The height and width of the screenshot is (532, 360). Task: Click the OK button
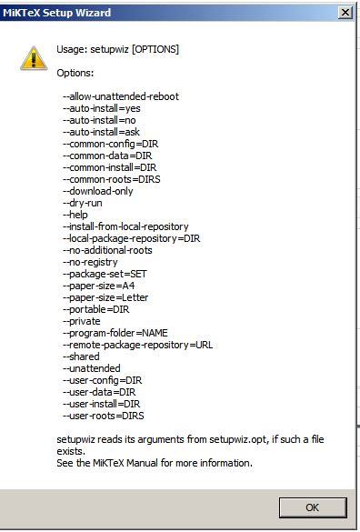coord(311,507)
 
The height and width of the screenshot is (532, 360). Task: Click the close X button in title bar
coord(345,13)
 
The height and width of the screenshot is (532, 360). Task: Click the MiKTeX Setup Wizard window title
coord(55,13)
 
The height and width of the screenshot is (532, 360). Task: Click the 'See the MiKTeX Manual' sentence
coord(153,463)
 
